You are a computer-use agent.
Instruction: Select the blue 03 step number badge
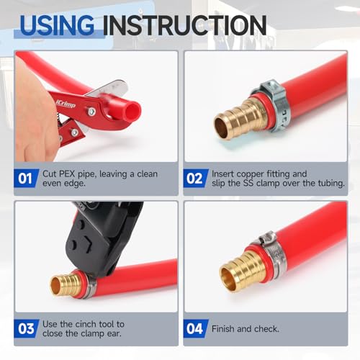pyautogui.click(x=24, y=328)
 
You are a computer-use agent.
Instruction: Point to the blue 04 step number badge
pyautogui.click(x=194, y=328)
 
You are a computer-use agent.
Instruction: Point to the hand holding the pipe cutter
pyautogui.click(x=32, y=115)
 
